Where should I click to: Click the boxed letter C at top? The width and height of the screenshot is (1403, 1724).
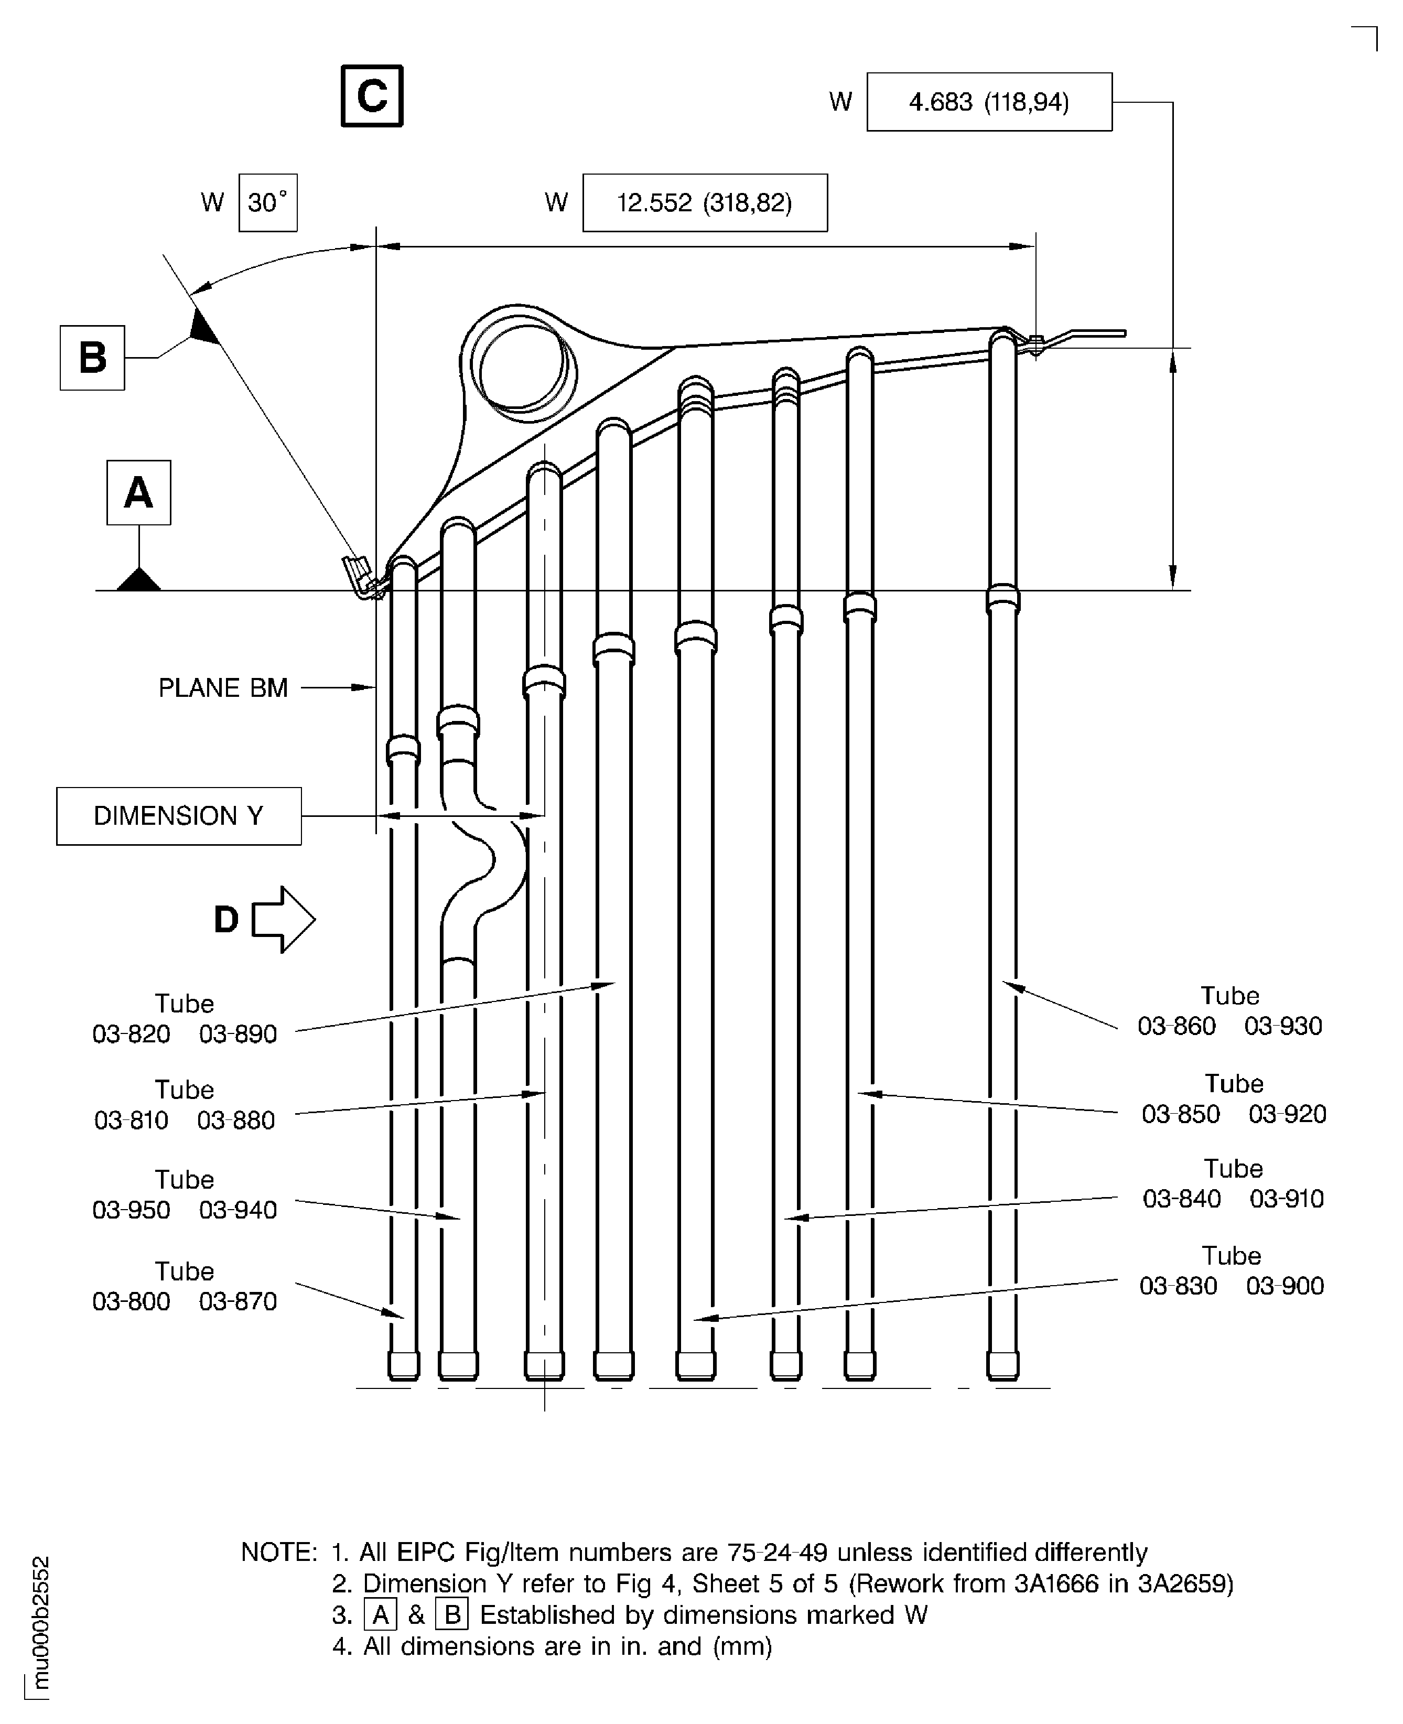pyautogui.click(x=372, y=96)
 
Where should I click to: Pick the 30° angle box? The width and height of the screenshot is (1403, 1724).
pyautogui.click(x=267, y=203)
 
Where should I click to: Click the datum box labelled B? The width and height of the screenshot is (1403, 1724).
pyautogui.click(x=92, y=358)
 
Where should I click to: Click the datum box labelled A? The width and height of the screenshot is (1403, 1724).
pyautogui.click(x=138, y=493)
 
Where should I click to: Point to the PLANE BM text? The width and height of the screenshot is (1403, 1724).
pyautogui.click(x=223, y=688)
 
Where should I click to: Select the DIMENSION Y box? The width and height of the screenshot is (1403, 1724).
pyautogui.click(x=179, y=816)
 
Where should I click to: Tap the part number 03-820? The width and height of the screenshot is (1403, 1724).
pyautogui.click(x=131, y=1034)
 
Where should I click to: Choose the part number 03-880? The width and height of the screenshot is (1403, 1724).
pyautogui.click(x=236, y=1120)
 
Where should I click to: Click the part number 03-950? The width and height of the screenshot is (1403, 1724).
pyautogui.click(x=131, y=1210)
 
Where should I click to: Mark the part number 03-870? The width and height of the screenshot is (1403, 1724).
pyautogui.click(x=238, y=1301)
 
